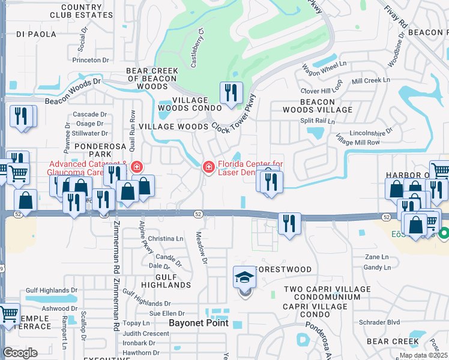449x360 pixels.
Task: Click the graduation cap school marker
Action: (x=244, y=277)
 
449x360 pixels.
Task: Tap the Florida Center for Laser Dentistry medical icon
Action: (x=208, y=167)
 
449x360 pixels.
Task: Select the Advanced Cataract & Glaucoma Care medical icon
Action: (x=137, y=167)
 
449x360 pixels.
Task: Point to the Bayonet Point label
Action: (x=199, y=323)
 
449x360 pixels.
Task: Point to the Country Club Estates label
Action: (x=81, y=11)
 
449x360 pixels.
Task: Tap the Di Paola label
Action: (x=35, y=34)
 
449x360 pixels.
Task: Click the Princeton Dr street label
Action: (x=90, y=60)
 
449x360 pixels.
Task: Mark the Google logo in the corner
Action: (x=20, y=353)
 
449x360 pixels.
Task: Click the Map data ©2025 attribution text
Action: (x=423, y=355)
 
